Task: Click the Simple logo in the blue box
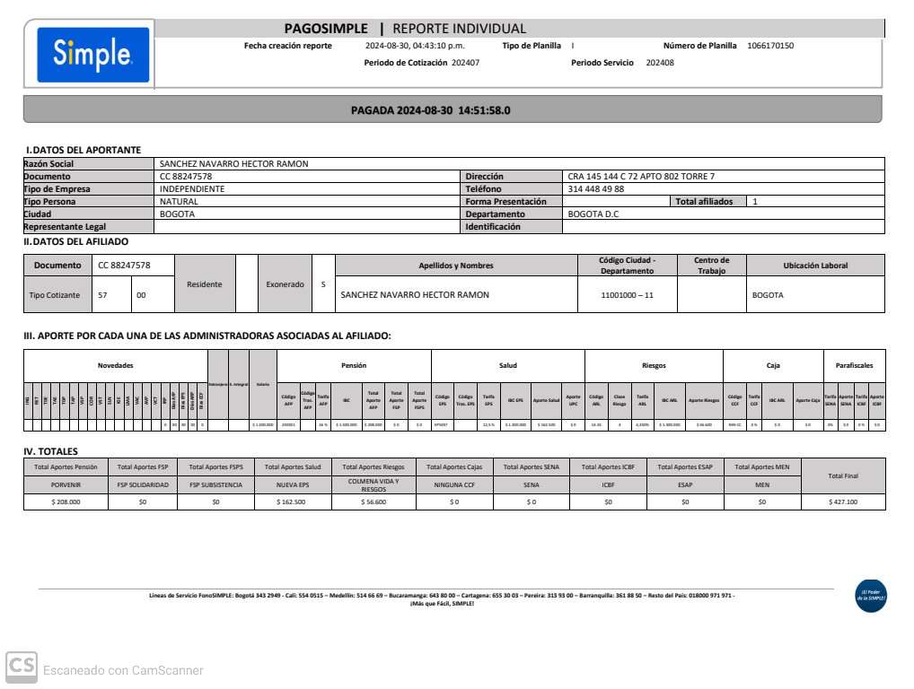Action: coord(93,55)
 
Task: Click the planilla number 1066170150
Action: coord(770,46)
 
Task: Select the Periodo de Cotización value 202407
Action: coord(465,63)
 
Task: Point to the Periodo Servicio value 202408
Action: coord(660,63)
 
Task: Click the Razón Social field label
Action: coord(49,164)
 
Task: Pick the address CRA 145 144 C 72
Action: coord(641,177)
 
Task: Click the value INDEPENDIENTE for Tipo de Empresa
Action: coord(192,189)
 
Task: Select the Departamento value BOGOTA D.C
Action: coord(593,214)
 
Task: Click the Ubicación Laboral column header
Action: coord(815,266)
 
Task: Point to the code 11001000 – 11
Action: coord(627,295)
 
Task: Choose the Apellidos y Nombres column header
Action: coord(456,266)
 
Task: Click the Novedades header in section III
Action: coord(116,365)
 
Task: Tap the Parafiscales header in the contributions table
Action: coord(854,365)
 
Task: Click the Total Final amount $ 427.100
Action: coord(843,502)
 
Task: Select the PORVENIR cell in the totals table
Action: coord(66,484)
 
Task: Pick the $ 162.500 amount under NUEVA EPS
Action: coord(294,502)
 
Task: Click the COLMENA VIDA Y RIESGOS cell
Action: coord(374,485)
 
